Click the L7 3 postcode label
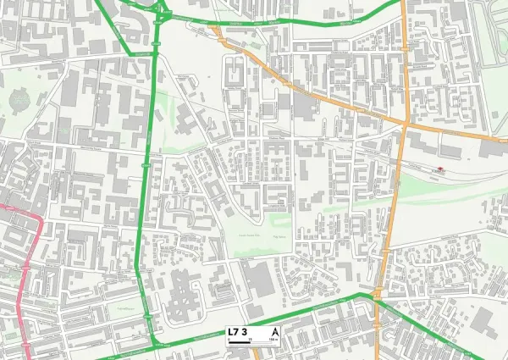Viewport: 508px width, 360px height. (237, 331)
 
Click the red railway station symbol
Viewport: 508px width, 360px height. (439, 169)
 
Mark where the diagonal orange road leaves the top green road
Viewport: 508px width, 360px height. (215, 31)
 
